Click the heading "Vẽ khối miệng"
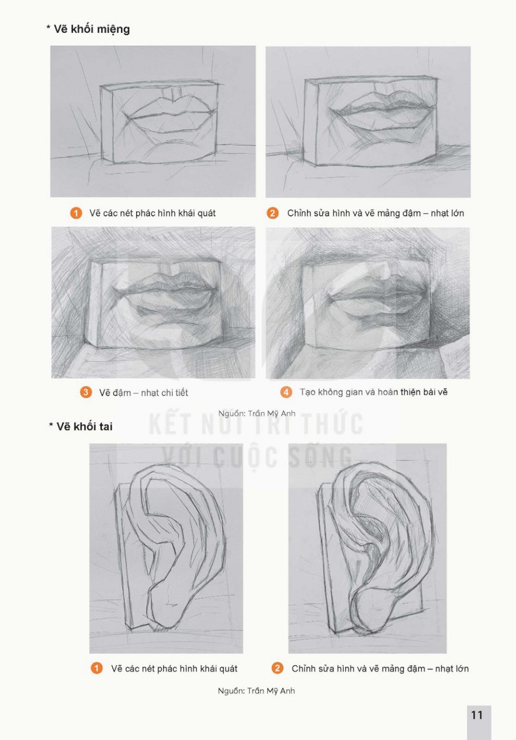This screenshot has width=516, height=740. [x=91, y=29]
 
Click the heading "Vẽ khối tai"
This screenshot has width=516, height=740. [x=84, y=426]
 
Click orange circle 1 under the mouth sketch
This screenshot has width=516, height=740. [x=76, y=213]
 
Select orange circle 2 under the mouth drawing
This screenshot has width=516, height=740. [x=272, y=213]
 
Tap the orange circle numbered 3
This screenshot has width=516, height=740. [x=86, y=393]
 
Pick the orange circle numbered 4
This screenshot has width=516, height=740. [x=286, y=392]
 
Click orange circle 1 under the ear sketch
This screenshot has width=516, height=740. [x=96, y=668]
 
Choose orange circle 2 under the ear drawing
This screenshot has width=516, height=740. [x=277, y=668]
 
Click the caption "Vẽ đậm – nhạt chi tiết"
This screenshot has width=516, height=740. [x=144, y=393]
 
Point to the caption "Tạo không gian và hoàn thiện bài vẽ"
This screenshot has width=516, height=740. [x=373, y=392]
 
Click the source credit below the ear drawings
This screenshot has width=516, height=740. [x=256, y=691]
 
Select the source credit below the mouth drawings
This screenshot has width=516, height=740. [x=257, y=413]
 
